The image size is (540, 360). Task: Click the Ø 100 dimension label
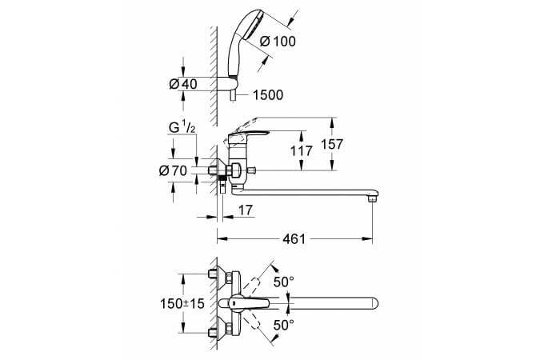[278, 42]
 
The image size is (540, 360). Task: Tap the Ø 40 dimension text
[183, 84]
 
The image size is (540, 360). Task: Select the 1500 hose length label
[268, 95]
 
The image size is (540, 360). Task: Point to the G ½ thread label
[182, 128]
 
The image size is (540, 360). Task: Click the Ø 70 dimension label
[174, 170]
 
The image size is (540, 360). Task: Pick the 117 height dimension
[302, 151]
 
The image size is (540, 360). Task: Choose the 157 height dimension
[332, 144]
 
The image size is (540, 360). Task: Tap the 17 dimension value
[246, 210]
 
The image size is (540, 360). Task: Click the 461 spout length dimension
[294, 238]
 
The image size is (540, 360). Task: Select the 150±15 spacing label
[182, 303]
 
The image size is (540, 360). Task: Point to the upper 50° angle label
[284, 282]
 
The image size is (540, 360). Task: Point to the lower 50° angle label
[284, 325]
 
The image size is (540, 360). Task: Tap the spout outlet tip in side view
[373, 198]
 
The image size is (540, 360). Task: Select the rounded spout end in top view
[373, 303]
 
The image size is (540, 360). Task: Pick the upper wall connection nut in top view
[212, 274]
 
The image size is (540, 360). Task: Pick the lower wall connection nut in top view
[212, 333]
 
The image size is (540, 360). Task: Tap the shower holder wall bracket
[226, 84]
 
